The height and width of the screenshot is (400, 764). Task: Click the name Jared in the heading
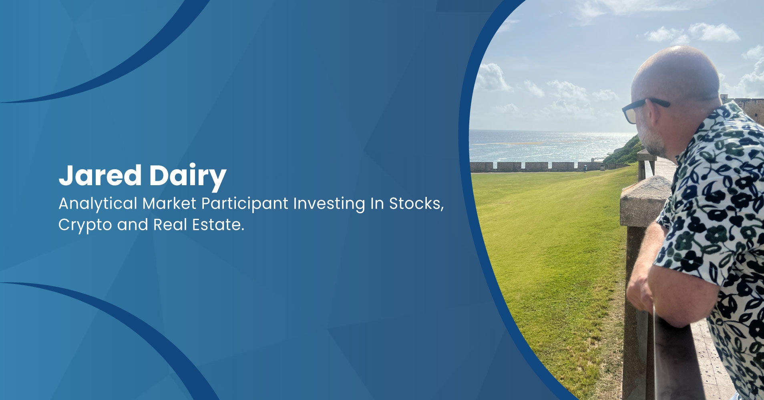(100, 175)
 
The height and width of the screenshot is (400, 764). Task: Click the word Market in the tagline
(169, 204)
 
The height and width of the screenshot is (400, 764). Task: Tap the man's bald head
(677, 74)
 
